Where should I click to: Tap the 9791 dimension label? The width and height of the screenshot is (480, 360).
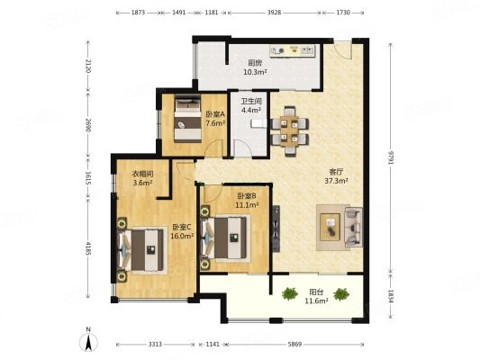[390, 157]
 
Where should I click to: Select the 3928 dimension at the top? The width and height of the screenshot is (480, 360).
[274, 13]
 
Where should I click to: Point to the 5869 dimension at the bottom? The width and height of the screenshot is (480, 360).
[294, 344]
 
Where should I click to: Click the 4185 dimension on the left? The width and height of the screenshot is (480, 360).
[88, 249]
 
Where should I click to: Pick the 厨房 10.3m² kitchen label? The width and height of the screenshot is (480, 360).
[255, 67]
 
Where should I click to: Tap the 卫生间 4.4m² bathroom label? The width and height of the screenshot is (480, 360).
[251, 105]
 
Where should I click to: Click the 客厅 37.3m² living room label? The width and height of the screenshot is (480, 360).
[336, 176]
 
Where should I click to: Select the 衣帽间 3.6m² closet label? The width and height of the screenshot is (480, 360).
[142, 178]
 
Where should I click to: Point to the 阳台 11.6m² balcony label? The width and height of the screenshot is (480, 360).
[316, 296]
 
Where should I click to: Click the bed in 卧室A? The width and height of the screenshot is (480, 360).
[187, 119]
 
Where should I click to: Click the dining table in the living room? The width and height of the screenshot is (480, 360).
[290, 131]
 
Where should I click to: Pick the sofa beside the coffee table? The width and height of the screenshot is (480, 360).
[354, 228]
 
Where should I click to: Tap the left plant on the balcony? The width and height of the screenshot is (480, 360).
[290, 293]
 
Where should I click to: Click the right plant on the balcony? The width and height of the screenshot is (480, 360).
[341, 294]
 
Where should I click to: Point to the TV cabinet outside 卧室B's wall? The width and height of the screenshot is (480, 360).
[276, 229]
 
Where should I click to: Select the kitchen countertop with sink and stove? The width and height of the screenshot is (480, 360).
[293, 50]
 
